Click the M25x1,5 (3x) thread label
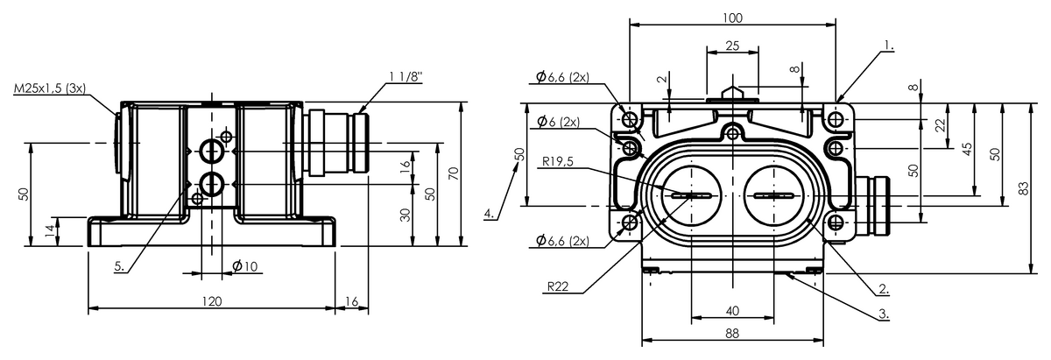[x=50, y=88]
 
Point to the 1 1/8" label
[x=406, y=76]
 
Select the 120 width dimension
[x=212, y=301]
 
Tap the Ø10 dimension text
[x=245, y=266]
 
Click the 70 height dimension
[x=454, y=173]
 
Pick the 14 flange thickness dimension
[x=50, y=231]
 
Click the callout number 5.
[x=120, y=266]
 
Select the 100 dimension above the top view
[x=732, y=18]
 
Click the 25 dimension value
[x=732, y=46]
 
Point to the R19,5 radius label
[x=558, y=162]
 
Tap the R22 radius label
[x=557, y=286]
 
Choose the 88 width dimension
[x=732, y=333]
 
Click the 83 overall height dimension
[x=1023, y=188]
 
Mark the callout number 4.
[x=489, y=214]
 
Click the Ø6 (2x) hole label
[x=559, y=122]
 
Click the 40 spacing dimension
[x=732, y=311]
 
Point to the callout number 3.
[x=884, y=314]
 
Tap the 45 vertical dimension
[x=967, y=149]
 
